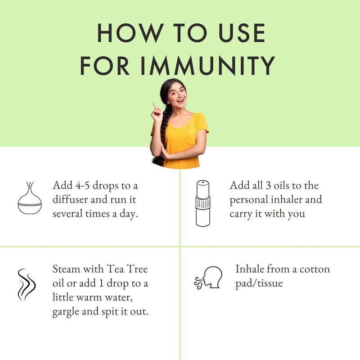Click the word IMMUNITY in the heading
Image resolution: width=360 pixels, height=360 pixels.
[x=208, y=66]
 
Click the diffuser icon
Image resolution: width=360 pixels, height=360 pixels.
[x=30, y=198]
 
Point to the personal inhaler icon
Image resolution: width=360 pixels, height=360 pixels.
[x=203, y=203]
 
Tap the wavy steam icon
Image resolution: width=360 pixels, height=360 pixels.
[x=27, y=285]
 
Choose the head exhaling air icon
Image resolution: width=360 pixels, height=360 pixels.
[x=208, y=278]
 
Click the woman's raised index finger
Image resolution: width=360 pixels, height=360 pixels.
[x=155, y=106]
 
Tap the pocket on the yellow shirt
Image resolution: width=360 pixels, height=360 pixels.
[x=191, y=139]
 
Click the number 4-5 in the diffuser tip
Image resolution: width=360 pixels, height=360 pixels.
[x=82, y=185]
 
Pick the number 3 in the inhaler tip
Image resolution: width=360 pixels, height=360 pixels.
[x=268, y=185]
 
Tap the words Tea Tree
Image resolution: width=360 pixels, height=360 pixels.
[x=127, y=269]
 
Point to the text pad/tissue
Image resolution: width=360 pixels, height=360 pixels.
[x=259, y=283]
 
